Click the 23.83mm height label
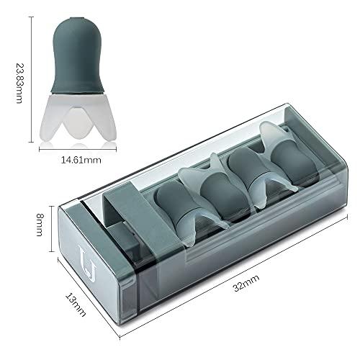coord(19,84)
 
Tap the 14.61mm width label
coord(81,160)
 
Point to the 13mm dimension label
coord(76,305)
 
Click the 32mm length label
coord(246,282)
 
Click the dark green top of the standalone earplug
coord(78,55)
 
